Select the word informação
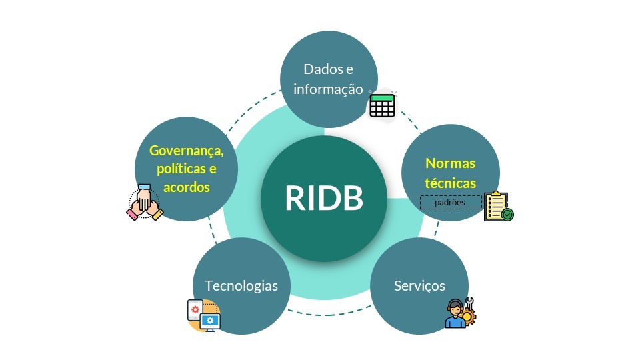point(328,89)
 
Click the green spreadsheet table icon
point(382,105)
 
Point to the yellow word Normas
point(451,163)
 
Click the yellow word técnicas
point(451,182)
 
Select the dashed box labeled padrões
point(450,202)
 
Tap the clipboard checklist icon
point(497,206)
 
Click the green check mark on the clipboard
point(508,215)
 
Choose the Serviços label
point(419,286)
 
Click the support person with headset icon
point(455,315)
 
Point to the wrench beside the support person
point(469,303)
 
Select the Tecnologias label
point(241,286)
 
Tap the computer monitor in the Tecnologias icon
point(211,323)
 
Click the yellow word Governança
point(186,151)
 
